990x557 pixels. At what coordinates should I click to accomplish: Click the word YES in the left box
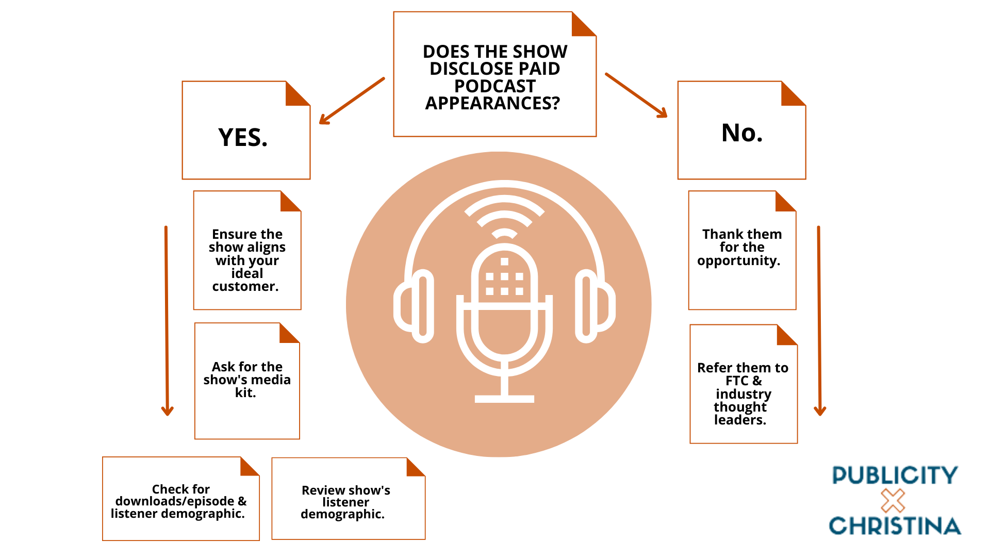click(242, 138)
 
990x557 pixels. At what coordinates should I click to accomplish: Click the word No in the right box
click(741, 133)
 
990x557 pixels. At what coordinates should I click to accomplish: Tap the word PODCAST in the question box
click(494, 86)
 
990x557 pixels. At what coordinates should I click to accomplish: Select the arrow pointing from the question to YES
click(352, 101)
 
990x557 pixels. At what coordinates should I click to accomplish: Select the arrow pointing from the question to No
click(636, 95)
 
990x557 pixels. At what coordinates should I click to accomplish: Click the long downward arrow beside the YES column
click(167, 320)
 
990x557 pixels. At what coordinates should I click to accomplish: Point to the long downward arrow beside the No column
click(819, 320)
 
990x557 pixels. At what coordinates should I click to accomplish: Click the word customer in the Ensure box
click(245, 287)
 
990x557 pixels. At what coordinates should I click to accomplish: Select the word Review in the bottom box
click(320, 490)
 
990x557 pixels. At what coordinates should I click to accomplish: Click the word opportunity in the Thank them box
click(738, 261)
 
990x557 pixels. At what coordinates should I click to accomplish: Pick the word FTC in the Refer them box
click(737, 381)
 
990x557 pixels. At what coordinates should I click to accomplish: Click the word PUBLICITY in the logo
click(895, 476)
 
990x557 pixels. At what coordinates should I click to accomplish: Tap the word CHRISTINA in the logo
click(895, 526)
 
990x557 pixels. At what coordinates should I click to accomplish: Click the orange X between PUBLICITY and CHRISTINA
click(893, 500)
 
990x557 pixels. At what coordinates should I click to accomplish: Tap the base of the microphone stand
click(504, 399)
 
